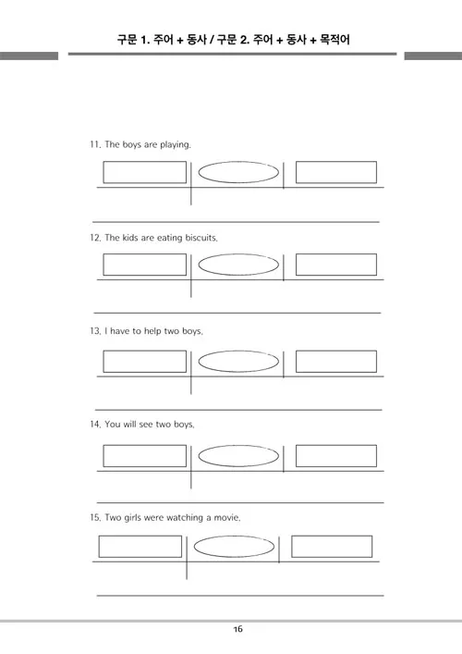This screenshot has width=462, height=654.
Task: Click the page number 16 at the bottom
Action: click(x=237, y=629)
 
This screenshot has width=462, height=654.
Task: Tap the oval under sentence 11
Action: click(x=238, y=162)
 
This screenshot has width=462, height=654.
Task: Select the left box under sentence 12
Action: click(x=144, y=254)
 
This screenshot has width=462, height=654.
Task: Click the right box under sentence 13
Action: click(x=336, y=352)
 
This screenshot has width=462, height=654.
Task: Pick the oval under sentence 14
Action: click(x=238, y=446)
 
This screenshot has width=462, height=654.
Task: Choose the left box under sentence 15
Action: click(x=140, y=537)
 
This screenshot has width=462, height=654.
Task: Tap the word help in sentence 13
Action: click(x=152, y=331)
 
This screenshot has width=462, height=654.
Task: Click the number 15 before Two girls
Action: click(x=95, y=518)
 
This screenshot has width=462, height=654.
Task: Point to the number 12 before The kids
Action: click(x=95, y=238)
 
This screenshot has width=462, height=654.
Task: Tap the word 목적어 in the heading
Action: click(x=334, y=40)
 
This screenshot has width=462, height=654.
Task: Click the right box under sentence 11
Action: click(x=336, y=162)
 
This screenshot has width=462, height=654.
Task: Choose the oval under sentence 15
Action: click(x=234, y=537)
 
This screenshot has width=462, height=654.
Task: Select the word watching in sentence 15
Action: click(x=185, y=518)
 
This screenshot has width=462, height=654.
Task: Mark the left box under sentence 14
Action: click(x=144, y=446)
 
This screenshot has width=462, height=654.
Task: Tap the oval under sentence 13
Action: click(x=238, y=352)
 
